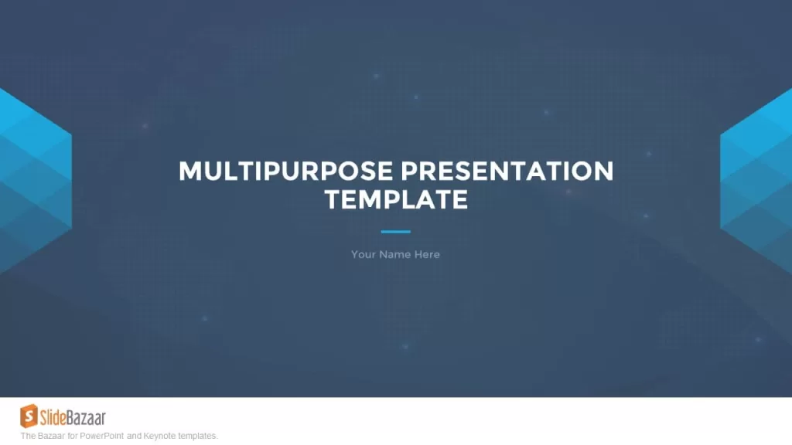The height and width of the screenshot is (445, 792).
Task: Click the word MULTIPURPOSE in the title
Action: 286,171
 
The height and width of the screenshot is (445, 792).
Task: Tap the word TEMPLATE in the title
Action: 397,199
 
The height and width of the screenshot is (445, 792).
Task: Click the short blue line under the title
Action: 395,232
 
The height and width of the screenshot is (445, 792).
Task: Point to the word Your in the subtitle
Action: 363,254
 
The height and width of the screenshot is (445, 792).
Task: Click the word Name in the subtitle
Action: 394,254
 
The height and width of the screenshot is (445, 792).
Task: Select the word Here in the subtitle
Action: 427,254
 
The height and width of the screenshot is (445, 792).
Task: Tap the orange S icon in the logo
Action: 29,416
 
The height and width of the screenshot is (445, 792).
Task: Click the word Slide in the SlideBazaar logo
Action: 53,418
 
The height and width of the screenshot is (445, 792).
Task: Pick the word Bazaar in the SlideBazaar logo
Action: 87,418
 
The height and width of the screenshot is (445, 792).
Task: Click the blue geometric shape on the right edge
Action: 756,181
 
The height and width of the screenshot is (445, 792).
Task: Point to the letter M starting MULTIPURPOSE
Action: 190,171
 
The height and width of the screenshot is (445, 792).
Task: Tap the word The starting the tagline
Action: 28,436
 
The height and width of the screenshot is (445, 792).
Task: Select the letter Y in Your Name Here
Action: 355,254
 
